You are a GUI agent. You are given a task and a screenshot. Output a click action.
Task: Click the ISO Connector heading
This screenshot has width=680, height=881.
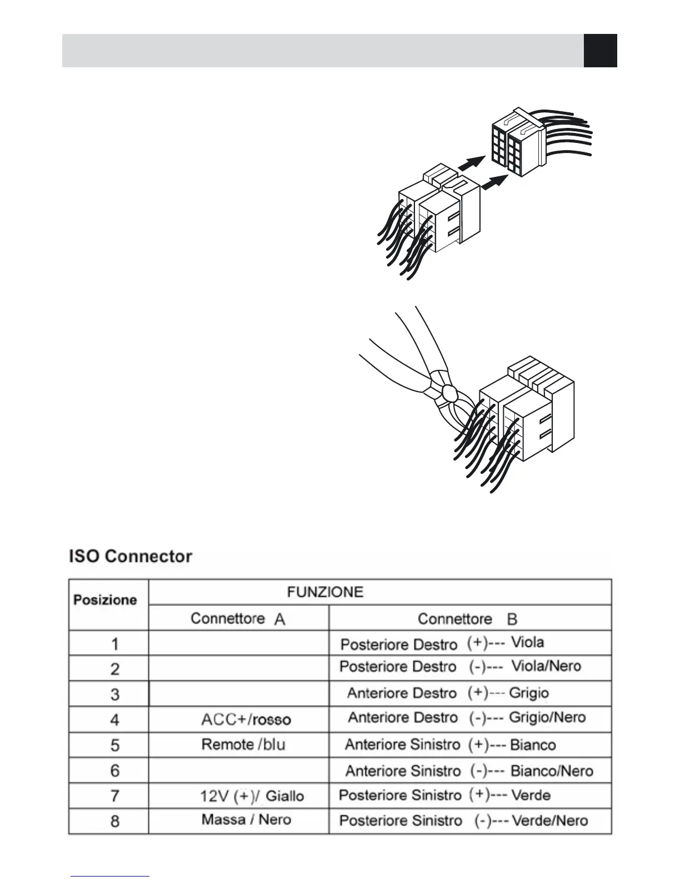[131, 556]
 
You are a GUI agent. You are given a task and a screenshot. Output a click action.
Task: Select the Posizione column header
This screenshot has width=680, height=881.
[105, 600]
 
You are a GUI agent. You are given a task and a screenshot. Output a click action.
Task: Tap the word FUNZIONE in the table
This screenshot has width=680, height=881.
[325, 592]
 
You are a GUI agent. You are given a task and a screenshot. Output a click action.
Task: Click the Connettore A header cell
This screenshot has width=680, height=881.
[238, 618]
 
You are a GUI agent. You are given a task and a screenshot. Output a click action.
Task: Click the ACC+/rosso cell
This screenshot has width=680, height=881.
[246, 720]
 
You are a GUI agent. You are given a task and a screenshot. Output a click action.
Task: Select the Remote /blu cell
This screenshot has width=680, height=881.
[243, 745]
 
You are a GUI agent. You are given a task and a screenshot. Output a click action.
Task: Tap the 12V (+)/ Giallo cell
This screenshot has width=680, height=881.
[252, 796]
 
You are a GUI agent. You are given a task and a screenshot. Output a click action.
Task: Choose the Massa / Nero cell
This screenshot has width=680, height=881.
[246, 820]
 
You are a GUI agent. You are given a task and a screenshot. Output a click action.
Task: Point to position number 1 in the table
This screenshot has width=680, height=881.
[114, 644]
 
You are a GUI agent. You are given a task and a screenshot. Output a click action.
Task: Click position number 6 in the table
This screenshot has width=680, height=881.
[114, 770]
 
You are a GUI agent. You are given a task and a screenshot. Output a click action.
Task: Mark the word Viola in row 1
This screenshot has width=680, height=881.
[527, 642]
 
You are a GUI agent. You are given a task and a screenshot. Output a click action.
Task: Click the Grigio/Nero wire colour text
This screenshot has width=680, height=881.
[547, 717]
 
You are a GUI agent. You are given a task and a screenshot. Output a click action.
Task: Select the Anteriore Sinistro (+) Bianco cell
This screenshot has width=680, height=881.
[450, 745]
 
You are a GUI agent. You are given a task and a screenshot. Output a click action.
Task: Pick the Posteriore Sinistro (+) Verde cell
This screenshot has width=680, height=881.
[444, 795]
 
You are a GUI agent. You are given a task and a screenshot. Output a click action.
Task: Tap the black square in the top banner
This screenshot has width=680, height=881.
[600, 51]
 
